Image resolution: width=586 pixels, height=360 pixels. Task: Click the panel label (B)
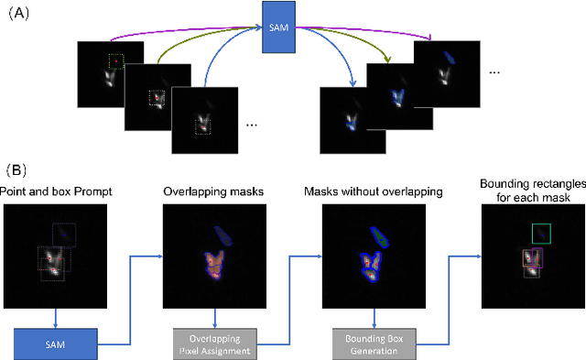pos(19,170)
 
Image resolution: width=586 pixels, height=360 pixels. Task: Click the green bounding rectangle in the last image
pos(540,234)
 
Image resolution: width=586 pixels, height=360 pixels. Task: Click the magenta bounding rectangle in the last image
pos(532,258)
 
